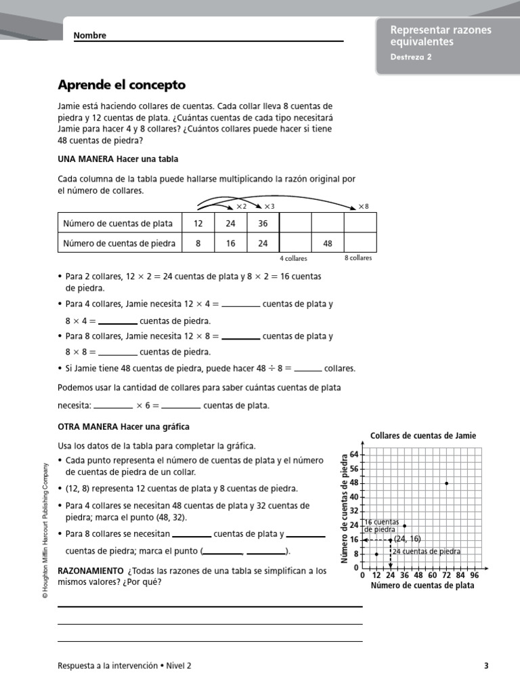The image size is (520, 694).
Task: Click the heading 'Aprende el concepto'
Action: (x=121, y=85)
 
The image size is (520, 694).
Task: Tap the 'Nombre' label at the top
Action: (x=89, y=36)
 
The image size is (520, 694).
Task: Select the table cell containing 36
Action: (x=263, y=224)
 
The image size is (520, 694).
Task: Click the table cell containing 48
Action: (x=328, y=243)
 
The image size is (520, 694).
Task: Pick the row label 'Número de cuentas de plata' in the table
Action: (x=118, y=224)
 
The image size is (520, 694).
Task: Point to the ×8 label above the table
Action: (x=364, y=206)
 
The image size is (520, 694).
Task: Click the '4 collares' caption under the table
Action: (x=293, y=259)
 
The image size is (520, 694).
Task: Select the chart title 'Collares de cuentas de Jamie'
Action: (x=423, y=436)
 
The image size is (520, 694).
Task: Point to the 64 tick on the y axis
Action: (x=353, y=454)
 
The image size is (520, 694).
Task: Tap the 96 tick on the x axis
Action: (x=475, y=575)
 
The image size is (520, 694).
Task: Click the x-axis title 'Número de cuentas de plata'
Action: (x=422, y=586)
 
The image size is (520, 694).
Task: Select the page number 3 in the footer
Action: (x=486, y=666)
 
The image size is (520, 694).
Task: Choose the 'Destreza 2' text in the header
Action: (x=411, y=57)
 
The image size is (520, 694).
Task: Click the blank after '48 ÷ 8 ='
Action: (x=308, y=369)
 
